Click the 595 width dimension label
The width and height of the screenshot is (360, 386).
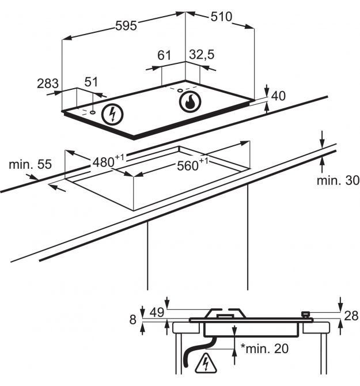pyautogui.click(x=126, y=26)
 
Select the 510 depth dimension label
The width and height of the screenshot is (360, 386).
pyautogui.click(x=221, y=17)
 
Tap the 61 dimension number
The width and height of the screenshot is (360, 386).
pyautogui.click(x=164, y=55)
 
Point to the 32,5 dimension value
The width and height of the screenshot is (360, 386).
pyautogui.click(x=202, y=54)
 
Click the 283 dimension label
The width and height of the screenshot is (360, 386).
pyautogui.click(x=48, y=84)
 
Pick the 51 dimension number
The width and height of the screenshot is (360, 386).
pyautogui.click(x=91, y=82)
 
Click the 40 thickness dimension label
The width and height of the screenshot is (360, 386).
pyautogui.click(x=278, y=96)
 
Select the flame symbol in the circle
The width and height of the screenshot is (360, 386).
pyautogui.click(x=190, y=102)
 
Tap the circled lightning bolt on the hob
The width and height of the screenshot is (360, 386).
pyautogui.click(x=112, y=115)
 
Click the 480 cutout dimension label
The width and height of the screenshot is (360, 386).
pyautogui.click(x=108, y=161)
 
